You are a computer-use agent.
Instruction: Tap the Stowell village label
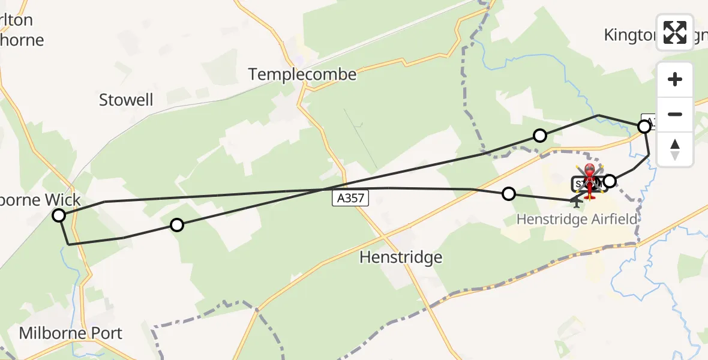point(126,100)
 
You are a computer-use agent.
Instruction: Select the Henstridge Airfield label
point(576,220)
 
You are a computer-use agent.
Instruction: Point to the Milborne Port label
point(71,333)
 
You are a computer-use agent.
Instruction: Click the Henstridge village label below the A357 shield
point(401,257)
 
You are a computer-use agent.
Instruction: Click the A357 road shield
point(350,198)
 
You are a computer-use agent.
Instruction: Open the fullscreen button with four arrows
point(675,32)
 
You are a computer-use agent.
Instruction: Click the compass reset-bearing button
point(675,149)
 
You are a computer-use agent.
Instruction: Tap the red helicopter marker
point(590,179)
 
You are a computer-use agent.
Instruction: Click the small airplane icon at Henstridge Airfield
point(577,202)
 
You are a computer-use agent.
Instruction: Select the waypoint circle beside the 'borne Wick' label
point(59,215)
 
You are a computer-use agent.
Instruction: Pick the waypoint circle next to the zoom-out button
point(644,127)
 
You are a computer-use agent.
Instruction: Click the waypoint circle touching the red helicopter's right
point(610,181)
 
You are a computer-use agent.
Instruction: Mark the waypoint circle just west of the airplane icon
point(509,193)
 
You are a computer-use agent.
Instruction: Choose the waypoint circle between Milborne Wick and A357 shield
point(176,225)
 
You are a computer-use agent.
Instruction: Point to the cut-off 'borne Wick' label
point(40,200)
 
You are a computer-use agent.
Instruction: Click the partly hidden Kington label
point(630,35)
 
